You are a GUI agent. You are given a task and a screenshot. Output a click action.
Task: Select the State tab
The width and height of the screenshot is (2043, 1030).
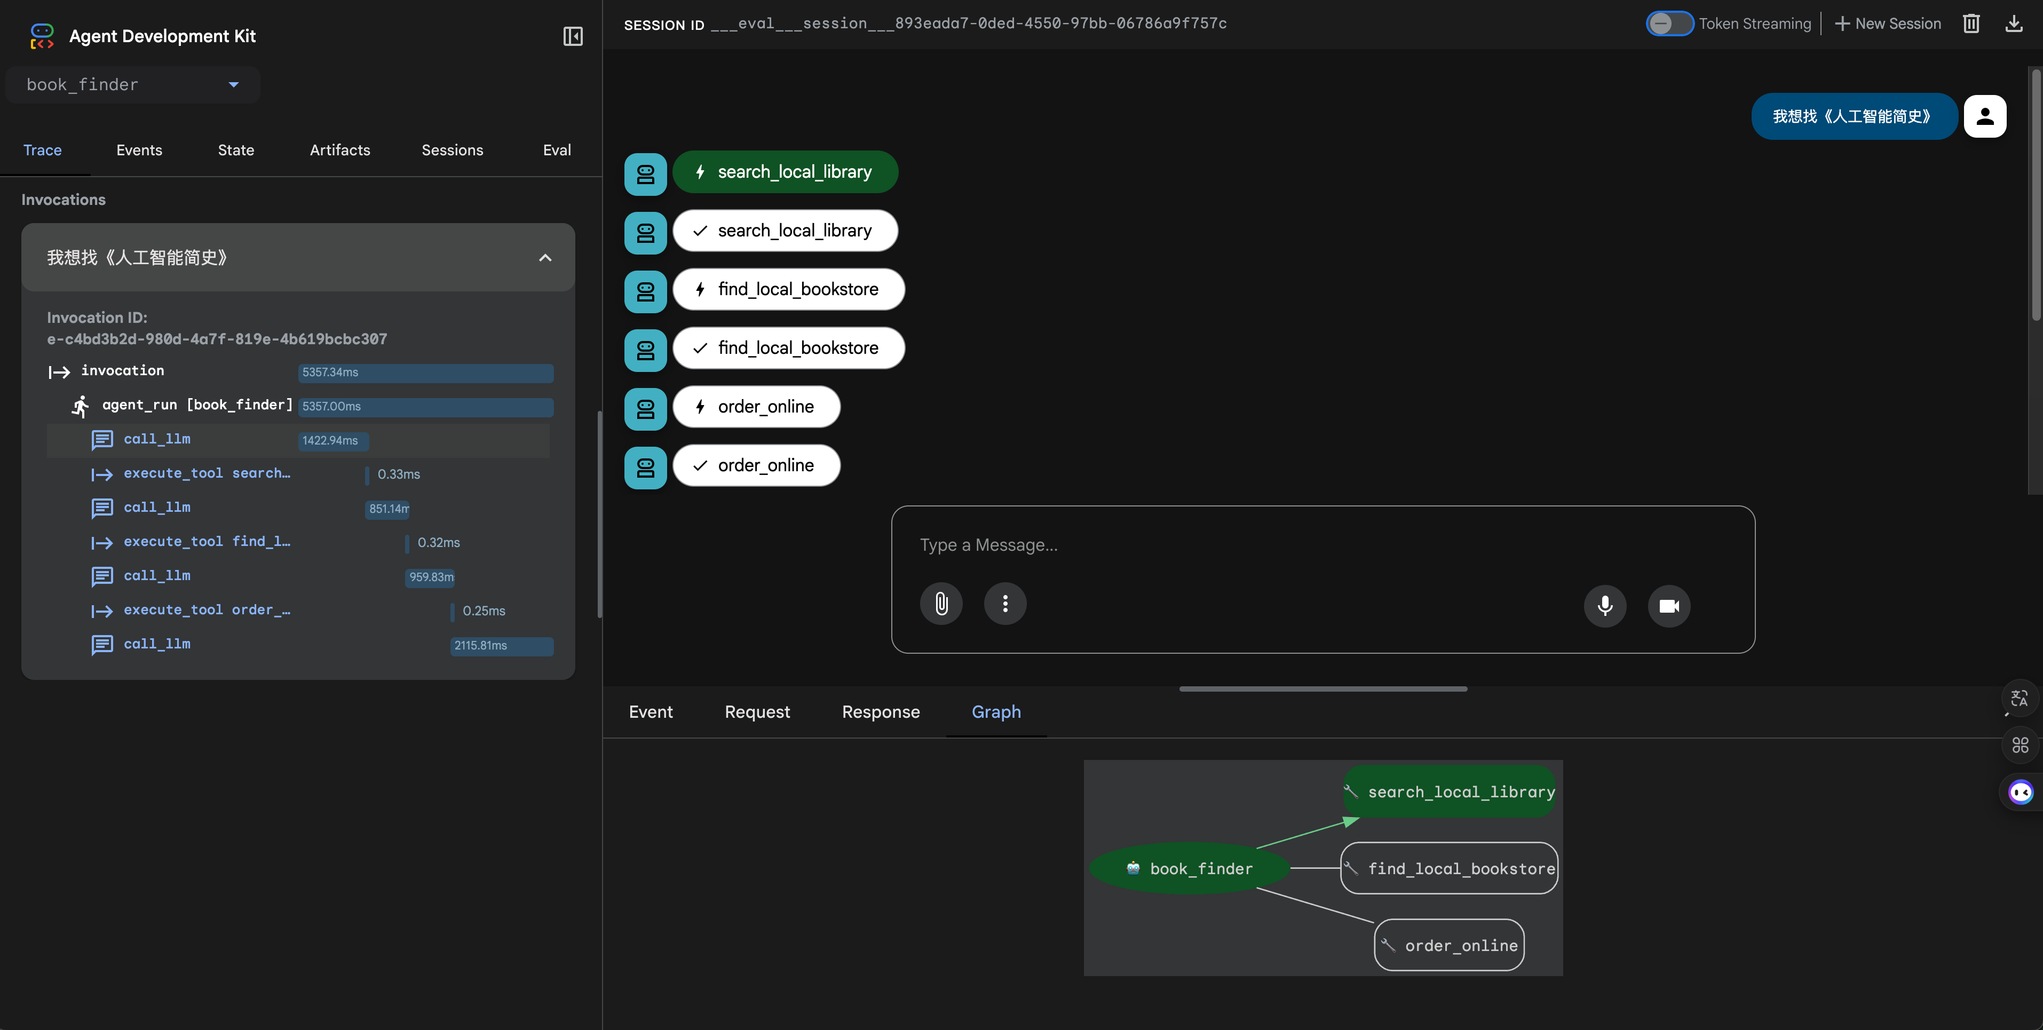click(235, 150)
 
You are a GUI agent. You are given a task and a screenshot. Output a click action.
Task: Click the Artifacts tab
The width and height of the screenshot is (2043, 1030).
click(339, 150)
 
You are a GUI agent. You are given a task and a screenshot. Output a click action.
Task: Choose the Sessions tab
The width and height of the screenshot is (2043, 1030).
click(452, 150)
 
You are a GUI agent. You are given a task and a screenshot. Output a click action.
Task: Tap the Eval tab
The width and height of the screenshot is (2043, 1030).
click(557, 150)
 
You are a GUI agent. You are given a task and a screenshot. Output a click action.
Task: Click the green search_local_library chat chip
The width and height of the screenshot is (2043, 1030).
click(785, 172)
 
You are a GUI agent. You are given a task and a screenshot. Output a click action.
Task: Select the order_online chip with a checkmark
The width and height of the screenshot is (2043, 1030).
click(756, 465)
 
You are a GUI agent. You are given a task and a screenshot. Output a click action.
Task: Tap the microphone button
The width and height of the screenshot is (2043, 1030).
click(1604, 606)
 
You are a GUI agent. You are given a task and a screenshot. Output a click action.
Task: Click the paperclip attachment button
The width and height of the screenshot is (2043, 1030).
click(940, 604)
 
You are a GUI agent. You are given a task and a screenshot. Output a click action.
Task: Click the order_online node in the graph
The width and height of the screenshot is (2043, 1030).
click(1449, 945)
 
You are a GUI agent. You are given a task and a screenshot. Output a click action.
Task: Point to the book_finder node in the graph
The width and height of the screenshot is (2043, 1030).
click(1190, 868)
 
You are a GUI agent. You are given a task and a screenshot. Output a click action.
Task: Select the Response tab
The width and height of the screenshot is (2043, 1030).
click(880, 712)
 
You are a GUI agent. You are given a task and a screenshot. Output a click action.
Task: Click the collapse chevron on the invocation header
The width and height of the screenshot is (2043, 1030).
click(545, 258)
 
